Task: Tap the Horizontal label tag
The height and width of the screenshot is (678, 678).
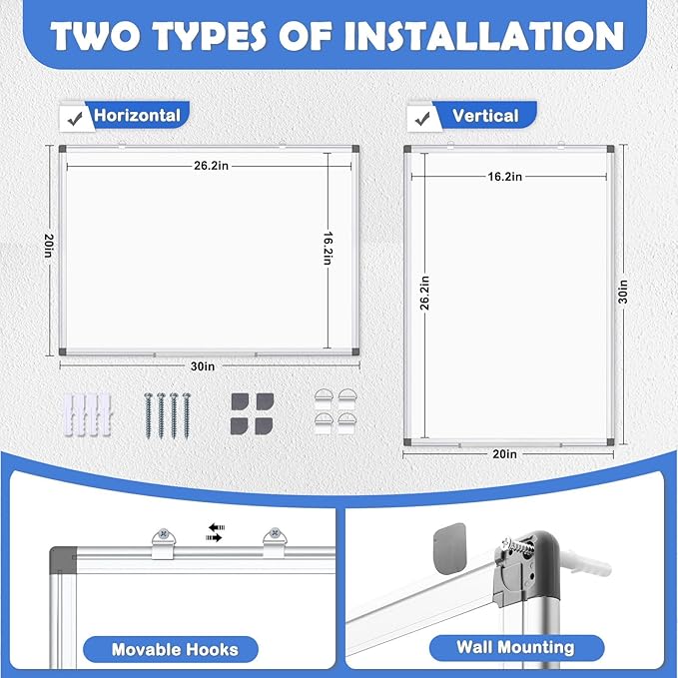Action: point(137,116)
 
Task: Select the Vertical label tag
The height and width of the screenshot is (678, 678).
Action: point(485,116)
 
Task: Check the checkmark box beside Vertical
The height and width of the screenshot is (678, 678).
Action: point(420,117)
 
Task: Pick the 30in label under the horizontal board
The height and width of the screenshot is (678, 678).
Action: point(203,366)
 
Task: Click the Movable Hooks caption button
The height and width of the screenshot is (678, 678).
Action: point(176,649)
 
